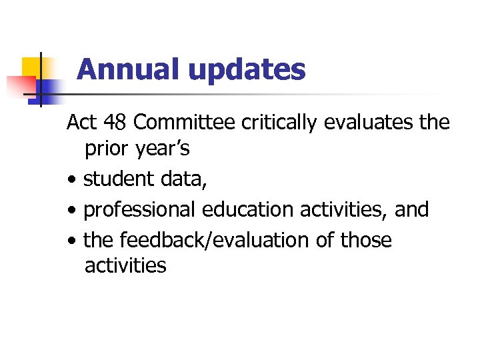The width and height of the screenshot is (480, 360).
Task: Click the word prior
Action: (x=107, y=149)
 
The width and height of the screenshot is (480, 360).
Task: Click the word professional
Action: (x=139, y=210)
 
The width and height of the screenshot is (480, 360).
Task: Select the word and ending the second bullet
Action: (x=412, y=209)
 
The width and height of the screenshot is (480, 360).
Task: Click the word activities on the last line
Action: (x=125, y=265)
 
